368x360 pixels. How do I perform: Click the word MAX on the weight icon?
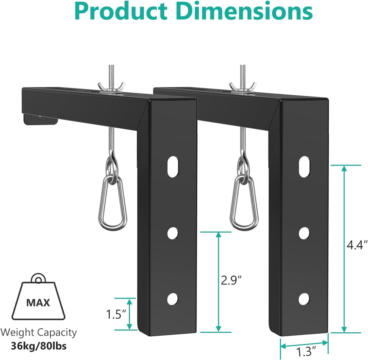click(38, 302)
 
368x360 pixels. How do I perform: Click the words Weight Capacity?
click(39, 332)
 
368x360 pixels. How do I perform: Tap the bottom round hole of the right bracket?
click(304, 298)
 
